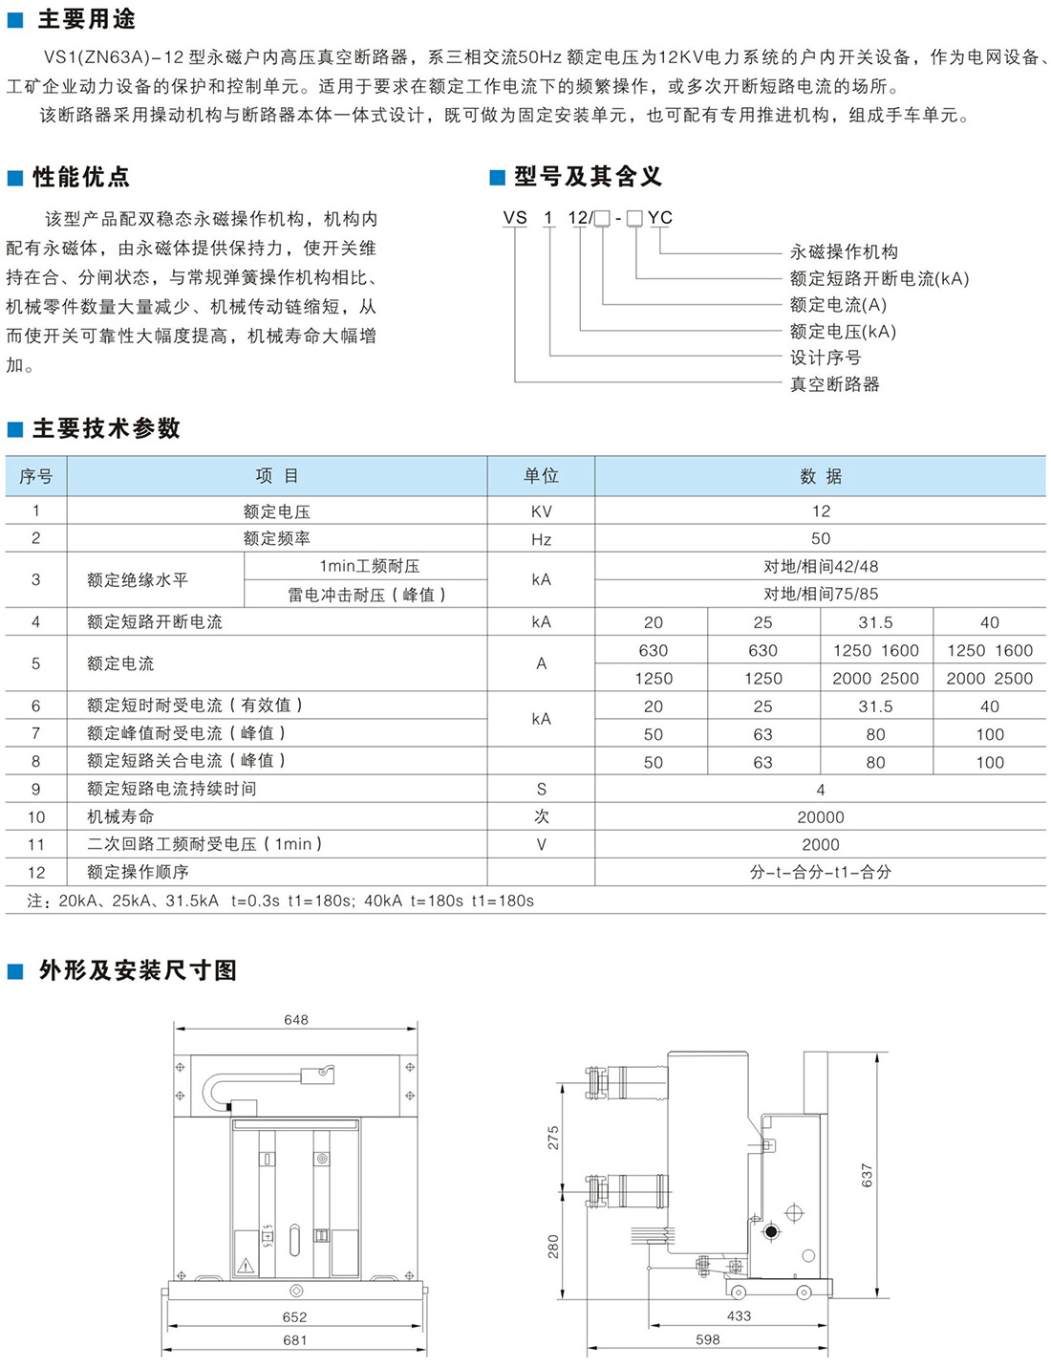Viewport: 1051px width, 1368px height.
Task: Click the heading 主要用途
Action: pos(86,19)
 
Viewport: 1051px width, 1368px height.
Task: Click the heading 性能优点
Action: pos(81,177)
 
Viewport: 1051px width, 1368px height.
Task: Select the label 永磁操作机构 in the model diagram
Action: pos(844,251)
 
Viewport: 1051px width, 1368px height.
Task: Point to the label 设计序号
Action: pos(826,358)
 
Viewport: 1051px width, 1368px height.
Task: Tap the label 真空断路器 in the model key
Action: pos(834,384)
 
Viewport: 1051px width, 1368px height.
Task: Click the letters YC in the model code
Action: pos(660,218)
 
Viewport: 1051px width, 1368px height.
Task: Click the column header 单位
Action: pos(541,476)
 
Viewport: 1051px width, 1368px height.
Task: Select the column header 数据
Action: pos(821,476)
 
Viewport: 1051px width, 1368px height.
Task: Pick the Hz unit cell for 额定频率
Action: pos(541,539)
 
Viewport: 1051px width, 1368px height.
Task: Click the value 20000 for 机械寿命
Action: pos(821,817)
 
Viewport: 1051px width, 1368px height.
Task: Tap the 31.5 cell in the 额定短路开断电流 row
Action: pos(875,622)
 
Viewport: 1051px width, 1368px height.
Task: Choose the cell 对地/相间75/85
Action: pos(821,594)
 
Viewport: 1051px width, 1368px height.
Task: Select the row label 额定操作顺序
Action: pos(138,872)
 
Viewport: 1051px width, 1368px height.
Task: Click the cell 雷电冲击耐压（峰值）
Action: pos(367,595)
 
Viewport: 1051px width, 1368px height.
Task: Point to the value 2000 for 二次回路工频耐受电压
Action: pos(821,845)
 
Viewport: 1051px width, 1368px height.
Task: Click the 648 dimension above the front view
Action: pos(296,1020)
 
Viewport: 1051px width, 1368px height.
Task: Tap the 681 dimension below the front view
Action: pos(295,1340)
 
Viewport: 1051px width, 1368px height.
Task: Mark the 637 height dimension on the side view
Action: pos(868,1175)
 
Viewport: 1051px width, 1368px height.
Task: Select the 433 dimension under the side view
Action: pos(740,1315)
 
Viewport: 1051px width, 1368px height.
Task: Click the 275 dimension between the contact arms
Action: pos(553,1138)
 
